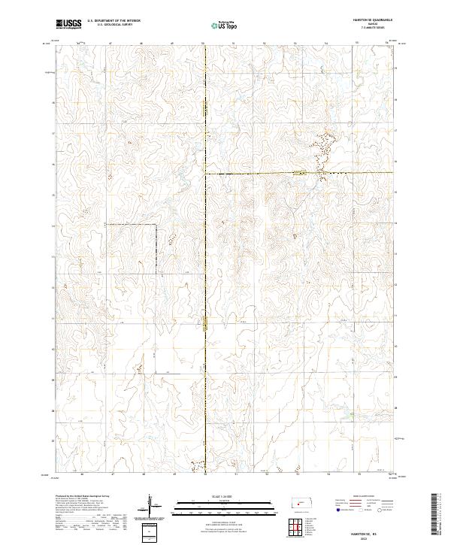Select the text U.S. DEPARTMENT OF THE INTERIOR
point(114,20)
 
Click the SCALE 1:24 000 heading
point(211,497)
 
